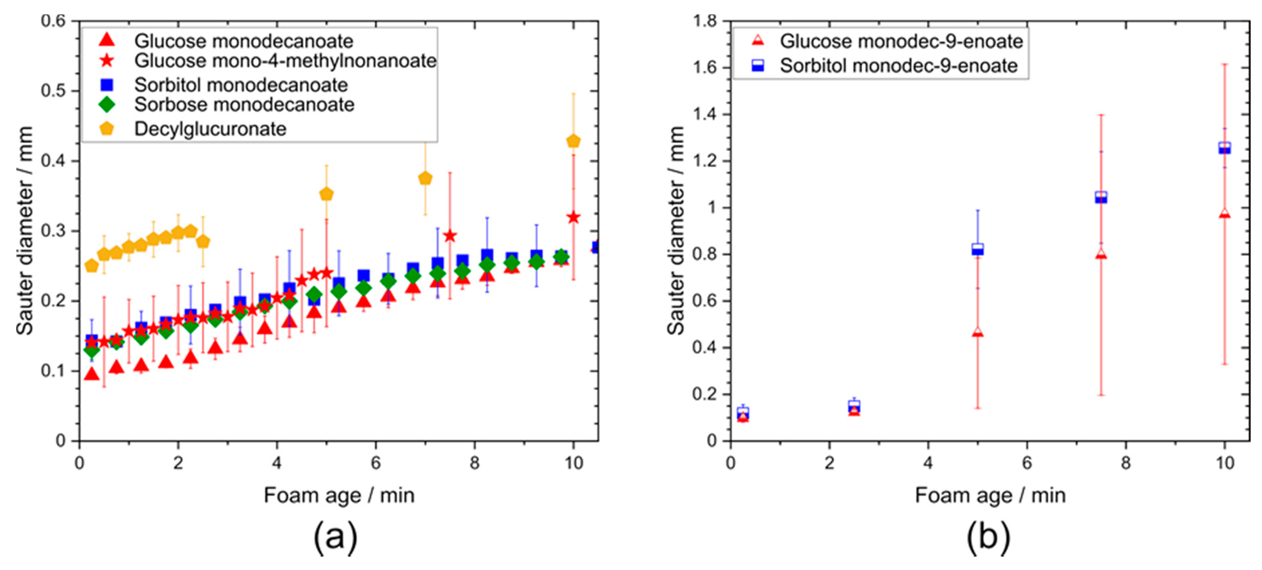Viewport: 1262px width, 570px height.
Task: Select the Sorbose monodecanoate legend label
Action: tap(244, 104)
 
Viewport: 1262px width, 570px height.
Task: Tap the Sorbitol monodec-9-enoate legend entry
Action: tap(898, 66)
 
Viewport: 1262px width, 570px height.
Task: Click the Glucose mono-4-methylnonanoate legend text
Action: tap(285, 61)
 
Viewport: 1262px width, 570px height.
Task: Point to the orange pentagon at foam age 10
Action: tap(573, 141)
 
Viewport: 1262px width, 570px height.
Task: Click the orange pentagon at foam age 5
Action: tap(326, 194)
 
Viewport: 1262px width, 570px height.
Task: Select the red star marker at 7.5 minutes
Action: tap(450, 236)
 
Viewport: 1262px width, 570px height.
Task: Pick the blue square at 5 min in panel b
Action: tap(977, 249)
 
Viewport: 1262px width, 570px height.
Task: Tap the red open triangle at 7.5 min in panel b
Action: tap(1101, 254)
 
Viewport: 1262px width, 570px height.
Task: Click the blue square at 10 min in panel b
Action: tap(1224, 148)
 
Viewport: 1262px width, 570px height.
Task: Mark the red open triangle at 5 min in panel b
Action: tap(977, 332)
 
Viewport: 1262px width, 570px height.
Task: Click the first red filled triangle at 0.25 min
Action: tap(92, 374)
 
